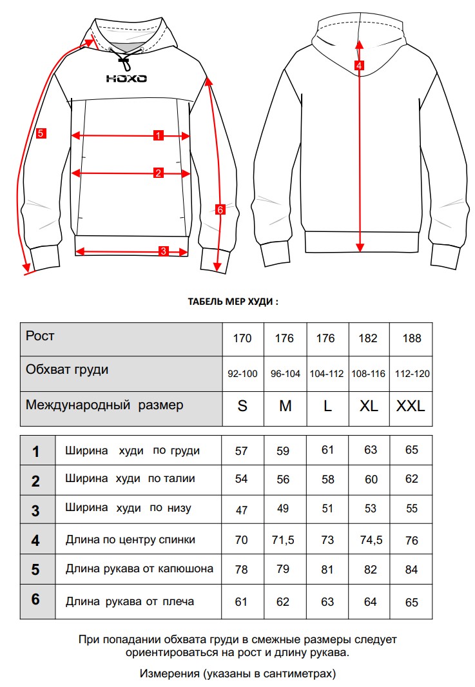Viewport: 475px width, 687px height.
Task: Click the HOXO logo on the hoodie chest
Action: [x=126, y=79]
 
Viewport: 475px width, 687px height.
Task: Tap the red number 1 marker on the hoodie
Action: [x=158, y=135]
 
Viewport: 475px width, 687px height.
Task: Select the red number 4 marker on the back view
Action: [x=359, y=65]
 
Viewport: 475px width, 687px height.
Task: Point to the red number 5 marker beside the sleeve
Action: [x=40, y=133]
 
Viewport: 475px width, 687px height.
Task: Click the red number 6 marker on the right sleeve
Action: [x=220, y=209]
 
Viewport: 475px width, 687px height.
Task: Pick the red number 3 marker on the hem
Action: [x=164, y=251]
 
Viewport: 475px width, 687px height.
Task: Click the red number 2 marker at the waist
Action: [x=158, y=173]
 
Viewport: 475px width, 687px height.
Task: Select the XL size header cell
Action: [x=369, y=407]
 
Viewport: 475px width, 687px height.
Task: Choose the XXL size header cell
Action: [x=411, y=407]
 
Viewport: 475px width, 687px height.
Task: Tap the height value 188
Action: [x=411, y=338]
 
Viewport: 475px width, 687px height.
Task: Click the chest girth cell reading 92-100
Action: [x=242, y=374]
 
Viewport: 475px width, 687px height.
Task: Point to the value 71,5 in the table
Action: [x=284, y=539]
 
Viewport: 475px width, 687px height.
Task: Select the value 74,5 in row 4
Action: [x=370, y=539]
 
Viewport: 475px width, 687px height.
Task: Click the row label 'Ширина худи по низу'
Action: [x=128, y=508]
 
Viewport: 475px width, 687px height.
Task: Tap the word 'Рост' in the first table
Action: [x=40, y=336]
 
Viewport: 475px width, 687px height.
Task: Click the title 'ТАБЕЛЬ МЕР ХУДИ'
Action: [x=232, y=301]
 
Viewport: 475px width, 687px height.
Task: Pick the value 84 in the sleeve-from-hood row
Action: [x=411, y=570]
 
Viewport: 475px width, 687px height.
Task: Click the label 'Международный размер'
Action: [x=104, y=405]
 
